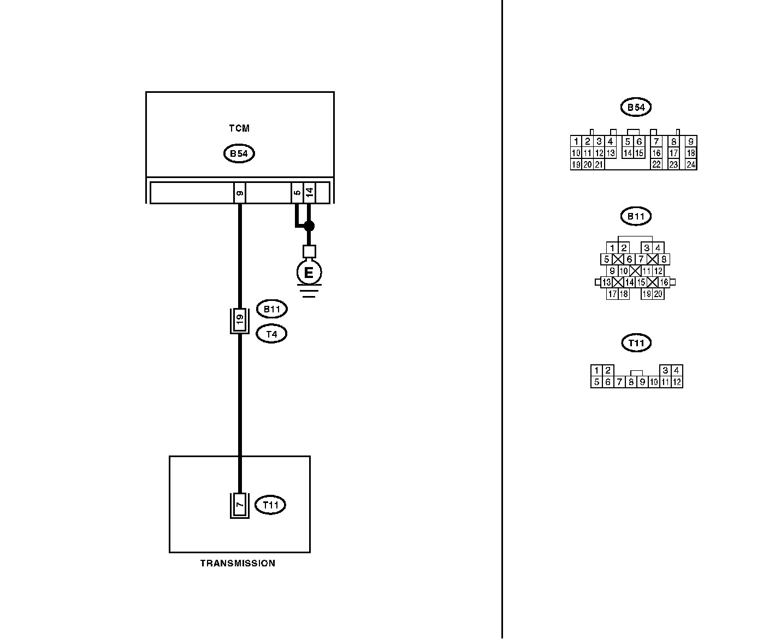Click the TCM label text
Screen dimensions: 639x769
(239, 129)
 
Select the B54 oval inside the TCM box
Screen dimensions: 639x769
(239, 154)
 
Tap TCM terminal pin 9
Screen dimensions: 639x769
(240, 193)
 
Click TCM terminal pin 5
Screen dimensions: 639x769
(297, 193)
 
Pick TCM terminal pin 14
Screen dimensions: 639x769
(309, 193)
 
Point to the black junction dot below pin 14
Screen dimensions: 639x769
(309, 226)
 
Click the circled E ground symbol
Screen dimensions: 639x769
(309, 272)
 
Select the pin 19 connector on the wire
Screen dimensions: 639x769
(239, 321)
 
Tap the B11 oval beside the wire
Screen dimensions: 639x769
(271, 309)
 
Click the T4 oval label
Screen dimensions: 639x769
(271, 334)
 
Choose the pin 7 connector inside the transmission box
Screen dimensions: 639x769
(239, 505)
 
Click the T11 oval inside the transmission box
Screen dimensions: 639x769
(270, 505)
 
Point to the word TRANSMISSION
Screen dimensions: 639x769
(238, 564)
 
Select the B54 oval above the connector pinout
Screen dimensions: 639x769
(636, 108)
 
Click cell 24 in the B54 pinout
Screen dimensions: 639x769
(691, 164)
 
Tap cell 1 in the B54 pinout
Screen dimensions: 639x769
(576, 141)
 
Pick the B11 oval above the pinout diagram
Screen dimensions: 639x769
(636, 216)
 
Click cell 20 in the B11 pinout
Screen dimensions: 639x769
(658, 294)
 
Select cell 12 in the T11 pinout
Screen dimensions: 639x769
(677, 382)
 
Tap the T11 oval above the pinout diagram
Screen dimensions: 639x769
(636, 343)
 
